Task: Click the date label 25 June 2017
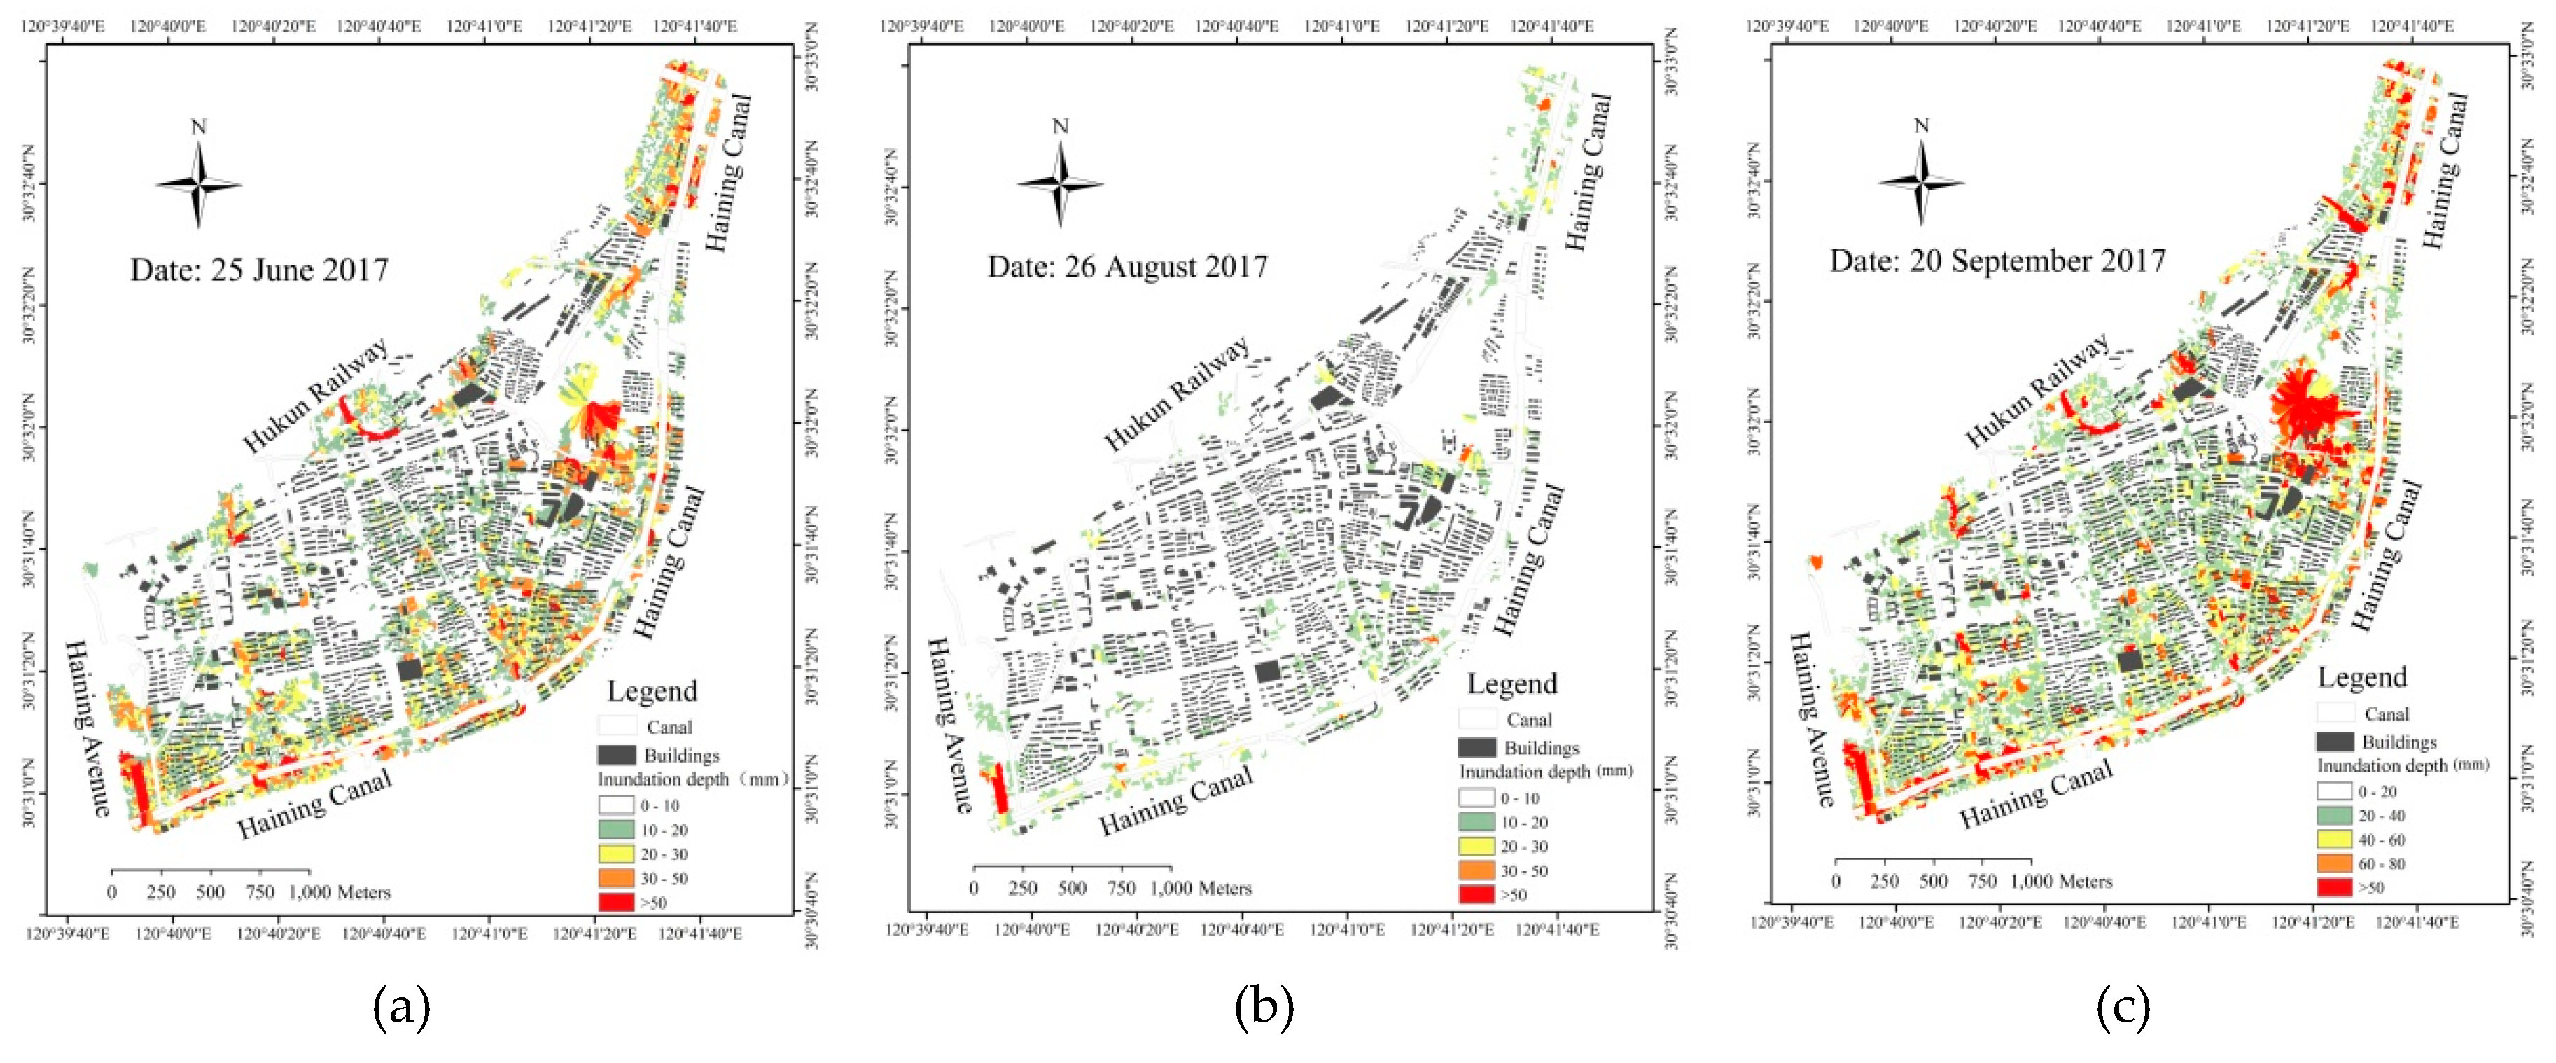259,270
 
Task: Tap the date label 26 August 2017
1127,267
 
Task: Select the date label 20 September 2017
1997,261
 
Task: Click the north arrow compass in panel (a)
198,183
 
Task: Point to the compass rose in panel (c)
1921,181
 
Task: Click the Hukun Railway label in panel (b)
1177,393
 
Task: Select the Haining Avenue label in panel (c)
1811,720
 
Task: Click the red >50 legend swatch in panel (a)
616,902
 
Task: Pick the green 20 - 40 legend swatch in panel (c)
2334,815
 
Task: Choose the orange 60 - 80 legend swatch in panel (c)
2334,863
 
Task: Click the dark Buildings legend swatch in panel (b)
1476,747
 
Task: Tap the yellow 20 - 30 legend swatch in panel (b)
1476,847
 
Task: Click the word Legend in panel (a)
652,690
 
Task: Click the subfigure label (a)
401,1008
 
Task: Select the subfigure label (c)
2123,1008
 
